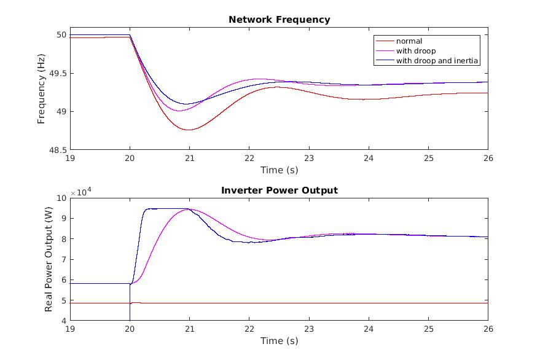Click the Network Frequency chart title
click(x=279, y=20)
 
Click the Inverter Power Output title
click(x=279, y=190)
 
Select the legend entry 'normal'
click(x=409, y=41)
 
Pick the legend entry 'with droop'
click(x=416, y=51)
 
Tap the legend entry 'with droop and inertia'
click(x=437, y=61)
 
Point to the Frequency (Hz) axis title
click(x=42, y=88)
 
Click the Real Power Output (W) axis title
click(x=49, y=259)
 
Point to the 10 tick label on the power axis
click(x=60, y=198)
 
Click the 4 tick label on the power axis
click(x=63, y=321)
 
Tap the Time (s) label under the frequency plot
click(x=279, y=170)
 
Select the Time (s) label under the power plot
click(x=279, y=341)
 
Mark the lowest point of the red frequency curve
click(x=189, y=130)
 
